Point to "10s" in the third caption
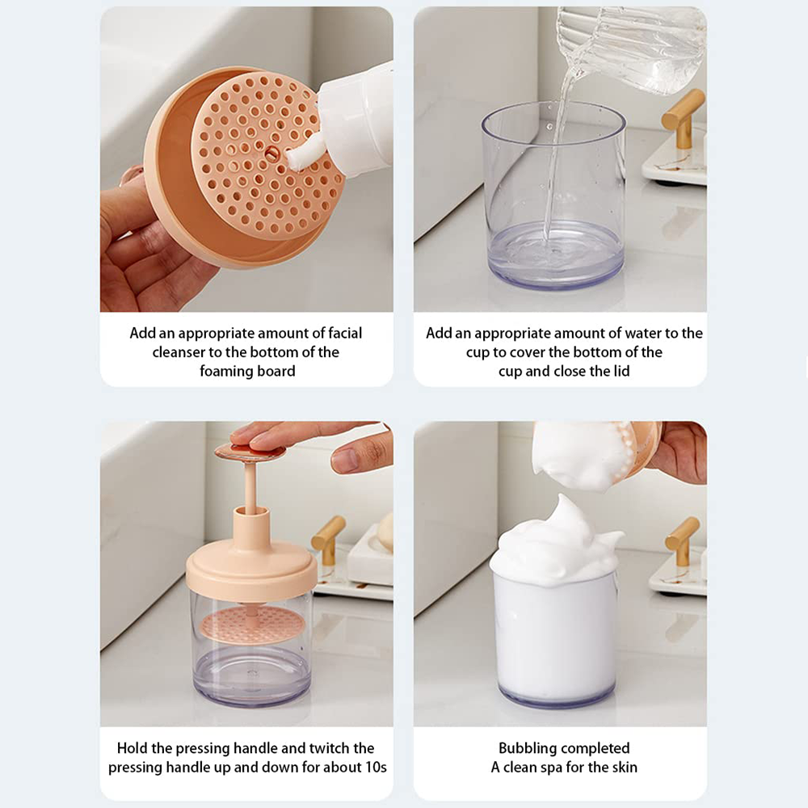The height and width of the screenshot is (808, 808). coord(377,768)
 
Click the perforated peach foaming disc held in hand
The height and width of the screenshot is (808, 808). coord(265,154)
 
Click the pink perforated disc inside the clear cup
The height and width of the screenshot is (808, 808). coord(252,624)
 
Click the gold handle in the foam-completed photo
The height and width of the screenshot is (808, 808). coord(684,541)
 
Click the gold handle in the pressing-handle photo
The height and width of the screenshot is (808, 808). coord(328,538)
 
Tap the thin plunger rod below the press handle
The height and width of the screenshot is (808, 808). coord(250,488)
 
